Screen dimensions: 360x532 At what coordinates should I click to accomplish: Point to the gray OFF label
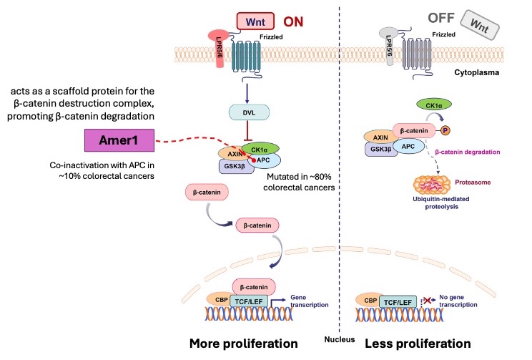tap(422, 20)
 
